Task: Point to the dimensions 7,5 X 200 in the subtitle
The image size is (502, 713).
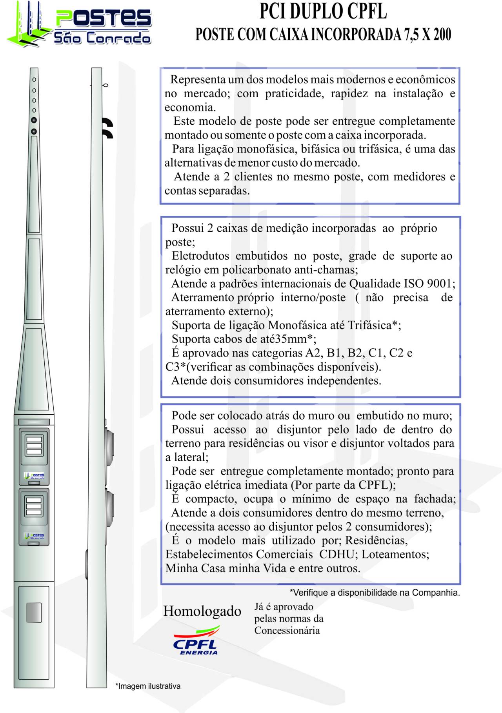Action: click(x=427, y=35)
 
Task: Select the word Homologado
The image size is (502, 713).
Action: click(x=202, y=611)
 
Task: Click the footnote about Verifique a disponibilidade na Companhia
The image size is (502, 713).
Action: click(x=375, y=592)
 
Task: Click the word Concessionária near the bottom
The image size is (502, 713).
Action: click(x=287, y=630)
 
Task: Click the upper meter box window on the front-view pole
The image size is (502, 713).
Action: click(x=34, y=445)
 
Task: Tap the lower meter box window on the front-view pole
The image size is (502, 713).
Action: click(x=34, y=506)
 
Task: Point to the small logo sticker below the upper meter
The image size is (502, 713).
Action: click(x=34, y=476)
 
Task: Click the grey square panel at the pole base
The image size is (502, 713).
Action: click(x=34, y=613)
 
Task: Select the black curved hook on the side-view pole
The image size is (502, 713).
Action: click(x=107, y=128)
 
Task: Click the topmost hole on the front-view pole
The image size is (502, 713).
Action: click(x=34, y=80)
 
